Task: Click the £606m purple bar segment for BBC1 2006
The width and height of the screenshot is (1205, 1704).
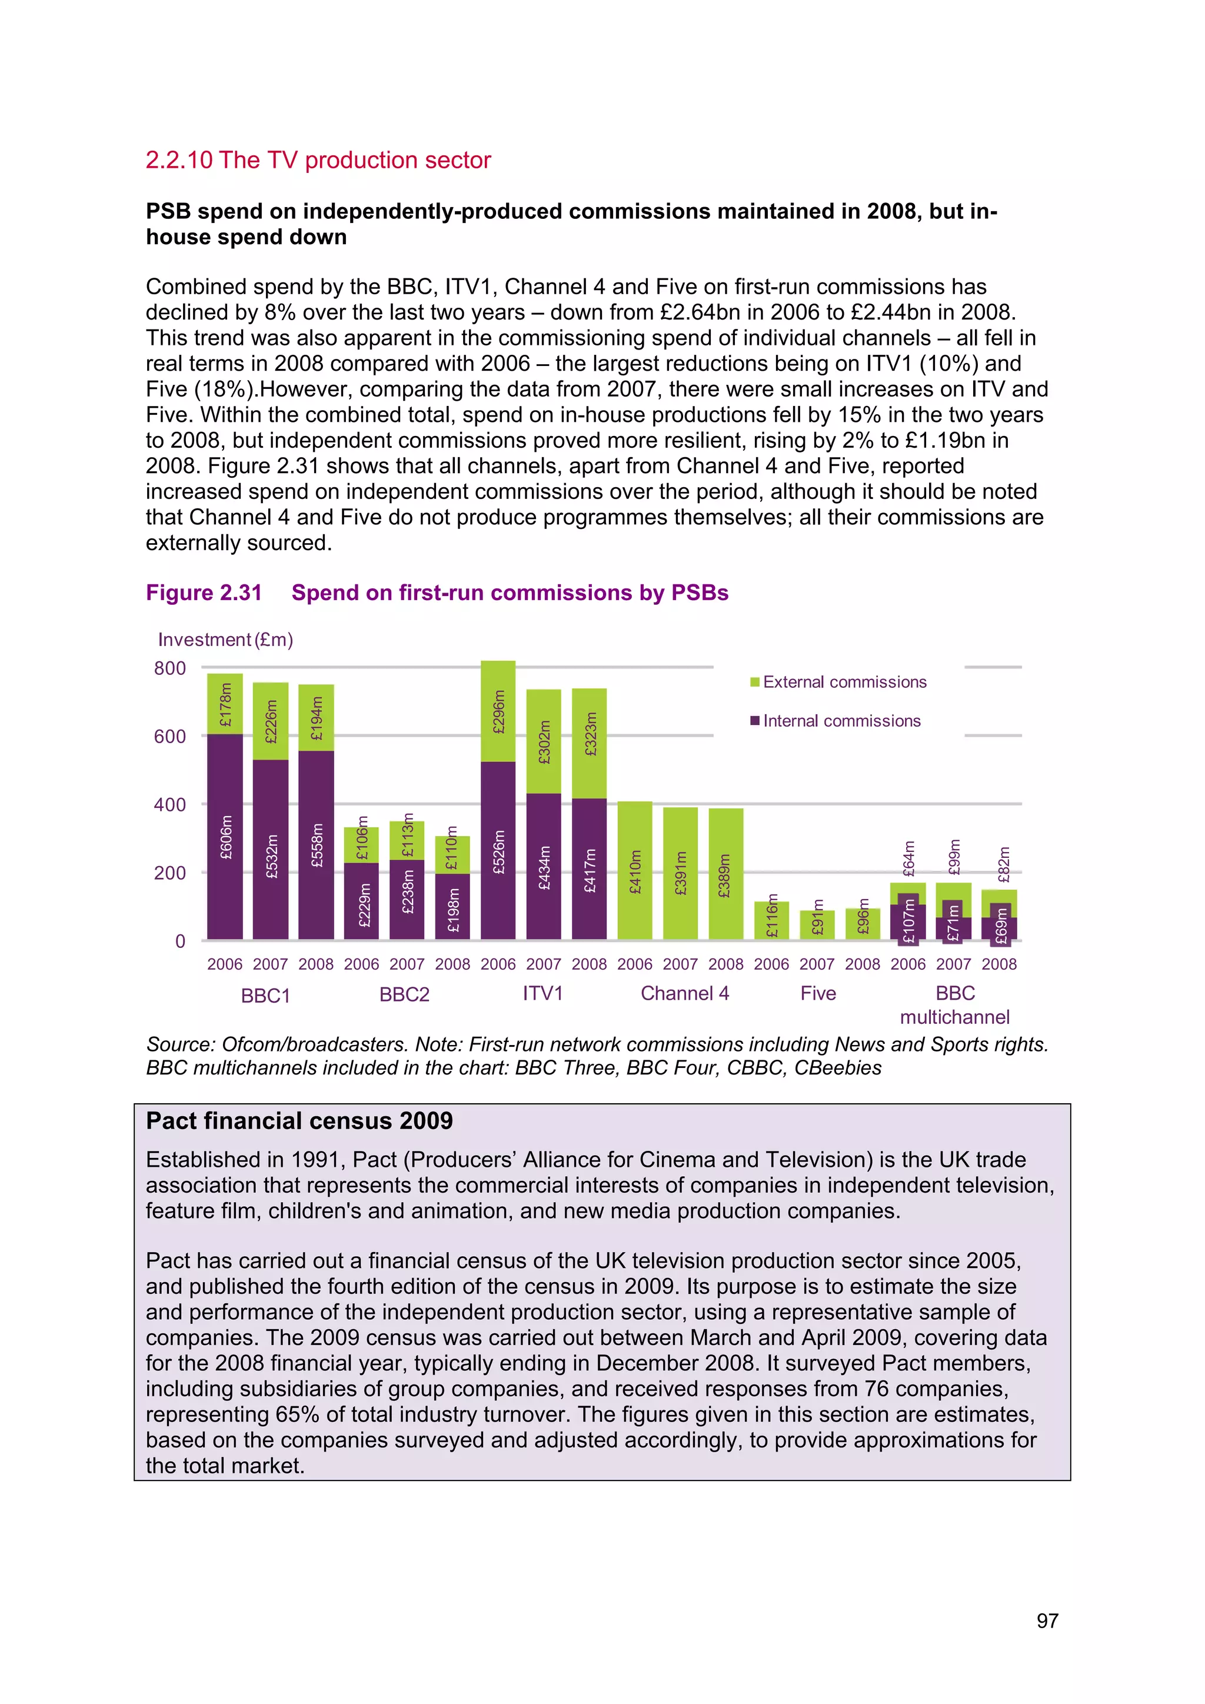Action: tap(225, 837)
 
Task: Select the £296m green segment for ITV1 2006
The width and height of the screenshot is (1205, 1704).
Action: tap(498, 711)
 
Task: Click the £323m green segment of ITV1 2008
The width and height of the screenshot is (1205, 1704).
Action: tap(589, 743)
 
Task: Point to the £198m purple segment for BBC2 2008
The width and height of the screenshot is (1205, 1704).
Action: tap(452, 906)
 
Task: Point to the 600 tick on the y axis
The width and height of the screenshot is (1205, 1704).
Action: tap(170, 736)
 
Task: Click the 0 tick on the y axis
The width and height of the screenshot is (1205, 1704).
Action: tap(179, 941)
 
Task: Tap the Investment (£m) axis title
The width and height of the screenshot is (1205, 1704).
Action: tap(225, 640)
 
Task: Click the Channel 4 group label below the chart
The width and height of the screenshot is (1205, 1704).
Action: tap(684, 993)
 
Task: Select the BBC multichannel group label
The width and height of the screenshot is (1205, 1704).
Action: tap(954, 1005)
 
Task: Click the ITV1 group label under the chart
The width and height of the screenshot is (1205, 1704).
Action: tap(542, 993)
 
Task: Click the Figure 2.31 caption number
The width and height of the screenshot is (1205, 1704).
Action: tap(204, 593)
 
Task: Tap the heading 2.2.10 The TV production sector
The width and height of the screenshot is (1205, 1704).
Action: tap(318, 160)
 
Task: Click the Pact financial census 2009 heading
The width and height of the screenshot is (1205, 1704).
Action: tap(299, 1121)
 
